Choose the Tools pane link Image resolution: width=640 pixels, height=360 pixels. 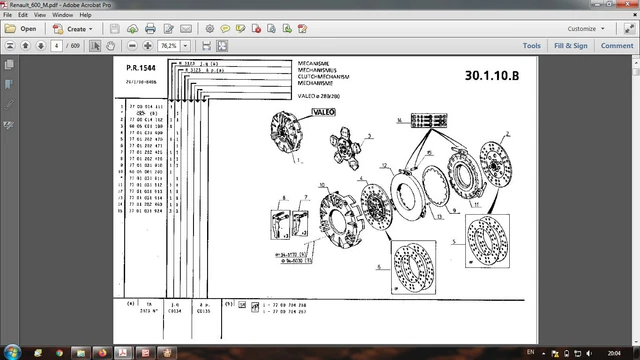pyautogui.click(x=531, y=45)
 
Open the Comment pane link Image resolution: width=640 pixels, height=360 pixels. pyautogui.click(x=614, y=45)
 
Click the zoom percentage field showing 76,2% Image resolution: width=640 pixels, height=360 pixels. pyautogui.click(x=169, y=46)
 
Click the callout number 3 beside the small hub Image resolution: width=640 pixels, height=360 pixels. pyautogui.click(x=369, y=135)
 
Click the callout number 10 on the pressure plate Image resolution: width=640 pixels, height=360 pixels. pyautogui.click(x=321, y=186)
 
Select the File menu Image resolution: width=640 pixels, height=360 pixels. pyautogui.click(x=7, y=16)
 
